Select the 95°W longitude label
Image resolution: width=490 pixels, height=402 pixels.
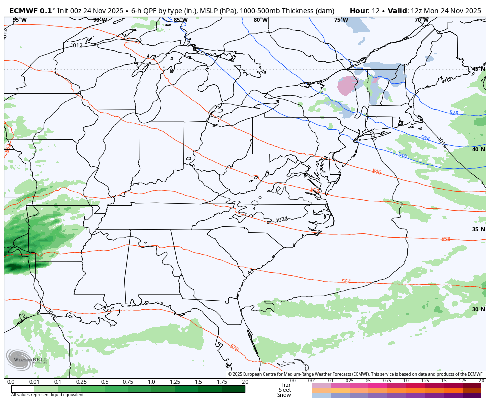pyautogui.click(x=20, y=20)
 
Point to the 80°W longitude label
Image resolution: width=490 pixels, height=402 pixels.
pyautogui.click(x=260, y=20)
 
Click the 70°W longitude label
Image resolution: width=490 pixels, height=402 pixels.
pyautogui.click(x=421, y=20)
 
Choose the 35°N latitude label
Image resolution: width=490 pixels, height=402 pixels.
pyautogui.click(x=478, y=229)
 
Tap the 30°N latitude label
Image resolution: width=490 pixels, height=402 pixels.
pyautogui.click(x=478, y=309)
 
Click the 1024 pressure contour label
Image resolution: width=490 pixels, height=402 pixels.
pyautogui.click(x=282, y=219)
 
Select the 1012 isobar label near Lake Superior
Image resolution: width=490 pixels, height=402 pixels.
pyautogui.click(x=76, y=46)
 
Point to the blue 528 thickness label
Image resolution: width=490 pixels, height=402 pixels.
pyautogui.click(x=454, y=113)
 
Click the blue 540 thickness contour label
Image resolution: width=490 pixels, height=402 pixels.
pyautogui.click(x=402, y=156)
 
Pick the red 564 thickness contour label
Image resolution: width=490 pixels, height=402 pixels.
pyautogui.click(x=346, y=282)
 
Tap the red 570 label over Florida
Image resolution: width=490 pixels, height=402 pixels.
pyautogui.click(x=234, y=347)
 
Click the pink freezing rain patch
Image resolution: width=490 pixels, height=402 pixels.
pyautogui.click(x=347, y=85)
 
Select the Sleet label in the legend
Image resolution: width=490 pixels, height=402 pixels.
pyautogui.click(x=285, y=390)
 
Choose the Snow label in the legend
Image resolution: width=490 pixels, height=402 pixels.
pyautogui.click(x=285, y=395)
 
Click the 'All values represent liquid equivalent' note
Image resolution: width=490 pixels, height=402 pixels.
pyautogui.click(x=48, y=394)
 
